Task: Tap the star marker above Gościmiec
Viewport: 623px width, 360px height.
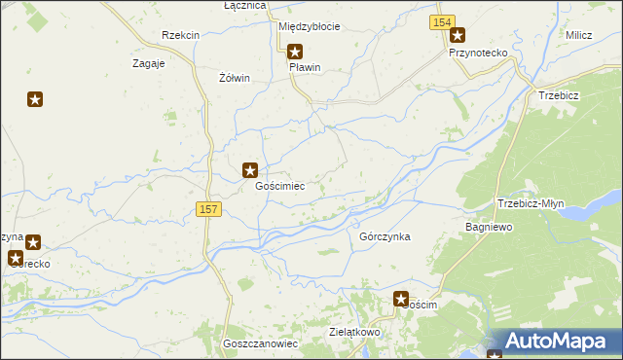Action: [x=250, y=169]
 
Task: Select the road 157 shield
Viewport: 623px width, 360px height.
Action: [x=208, y=209]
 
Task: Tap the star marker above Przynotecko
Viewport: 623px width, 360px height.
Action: [x=457, y=36]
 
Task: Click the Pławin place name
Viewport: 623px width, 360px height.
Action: [x=305, y=68]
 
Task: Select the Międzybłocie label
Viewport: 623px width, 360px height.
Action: [x=310, y=26]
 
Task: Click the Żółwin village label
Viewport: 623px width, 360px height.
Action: [x=236, y=78]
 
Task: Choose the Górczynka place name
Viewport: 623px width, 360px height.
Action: [x=385, y=236]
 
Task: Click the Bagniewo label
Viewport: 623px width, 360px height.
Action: [x=489, y=226]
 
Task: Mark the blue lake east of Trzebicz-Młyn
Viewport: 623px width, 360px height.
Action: [x=586, y=209]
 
